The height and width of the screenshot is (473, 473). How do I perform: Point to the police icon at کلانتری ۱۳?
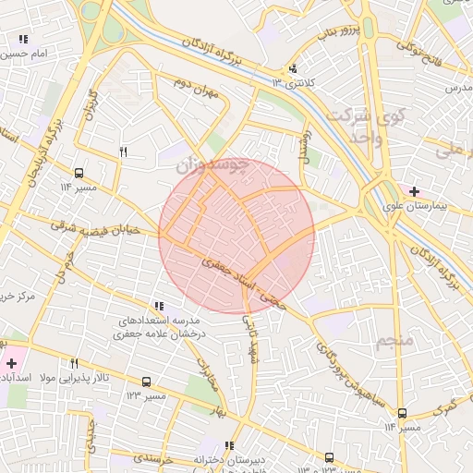294,67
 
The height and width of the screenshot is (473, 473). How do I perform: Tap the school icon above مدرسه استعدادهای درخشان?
159,306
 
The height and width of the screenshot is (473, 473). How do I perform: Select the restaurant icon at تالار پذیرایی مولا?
74,363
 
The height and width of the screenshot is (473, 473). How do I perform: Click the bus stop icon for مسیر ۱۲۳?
146,381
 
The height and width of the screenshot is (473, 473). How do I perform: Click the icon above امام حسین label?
23,40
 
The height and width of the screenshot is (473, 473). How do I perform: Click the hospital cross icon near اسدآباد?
11,363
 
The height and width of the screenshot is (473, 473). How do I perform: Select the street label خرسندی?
152,457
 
